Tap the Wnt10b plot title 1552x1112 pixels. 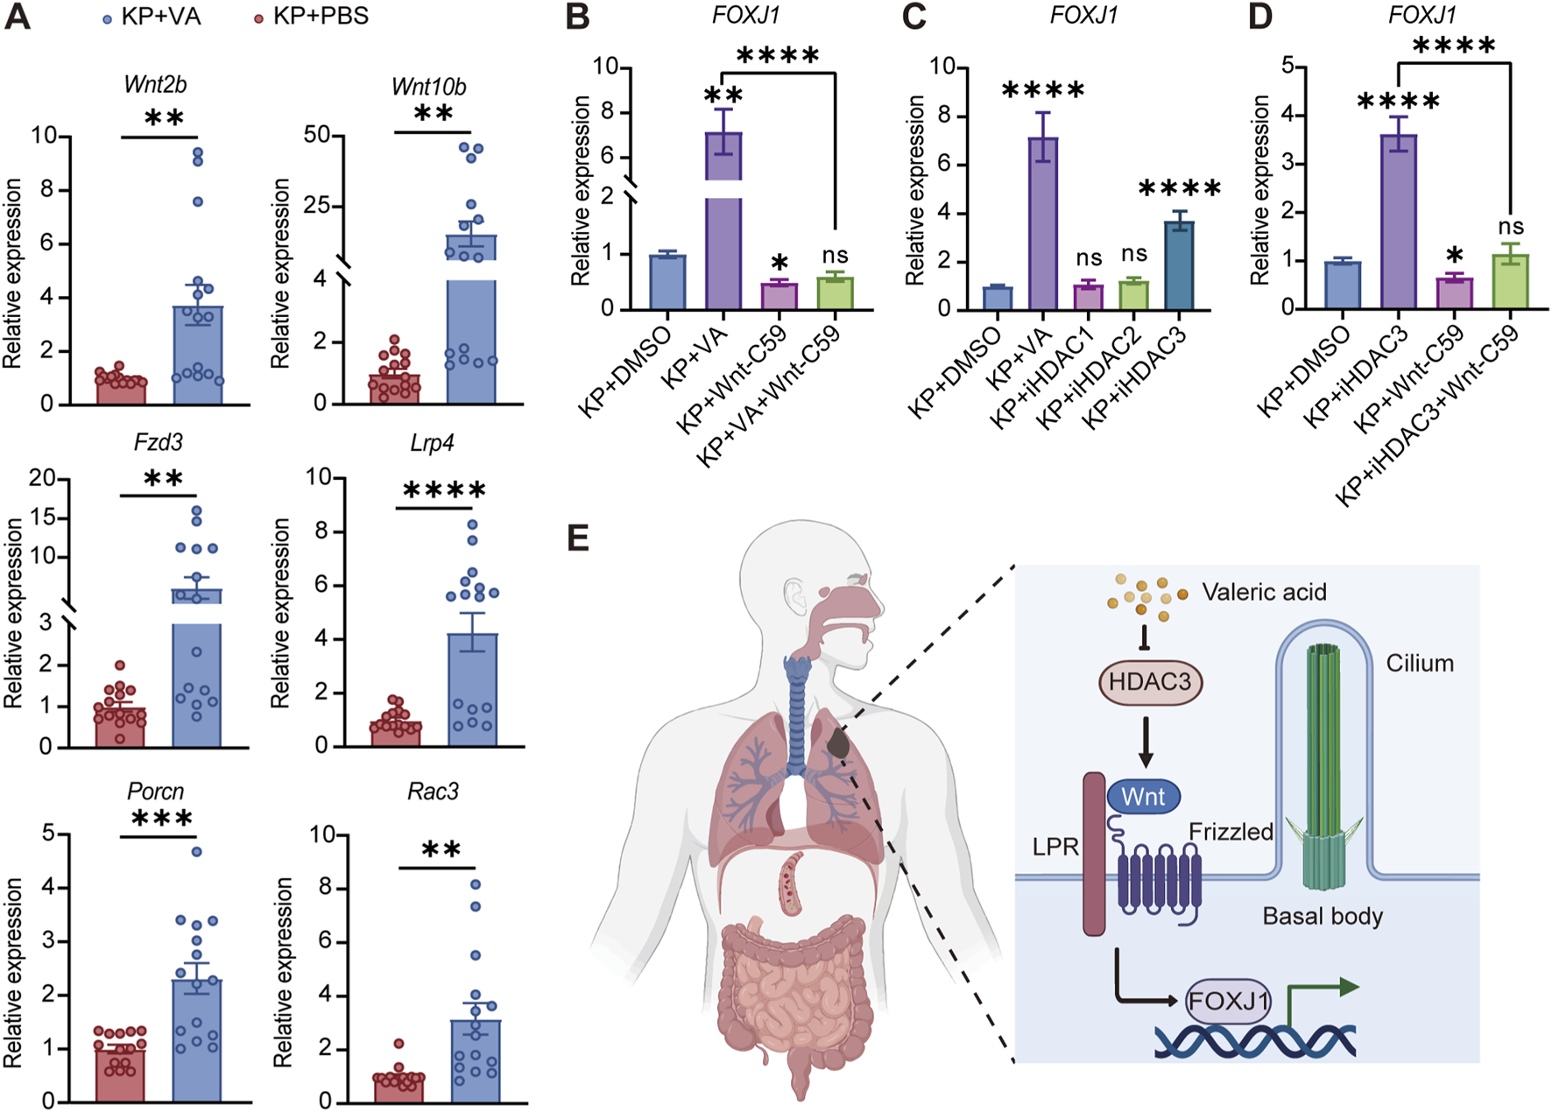coord(428,87)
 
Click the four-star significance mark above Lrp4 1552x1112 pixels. coord(443,491)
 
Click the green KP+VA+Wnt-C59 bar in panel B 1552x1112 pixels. coord(835,293)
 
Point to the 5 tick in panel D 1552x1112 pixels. coord(1287,66)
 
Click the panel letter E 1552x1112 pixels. coord(578,538)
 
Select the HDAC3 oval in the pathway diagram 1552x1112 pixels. coord(1150,682)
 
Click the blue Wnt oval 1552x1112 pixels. coord(1143,797)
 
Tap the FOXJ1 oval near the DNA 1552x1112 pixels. coord(1228,1000)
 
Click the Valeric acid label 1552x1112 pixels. coord(1263,592)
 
